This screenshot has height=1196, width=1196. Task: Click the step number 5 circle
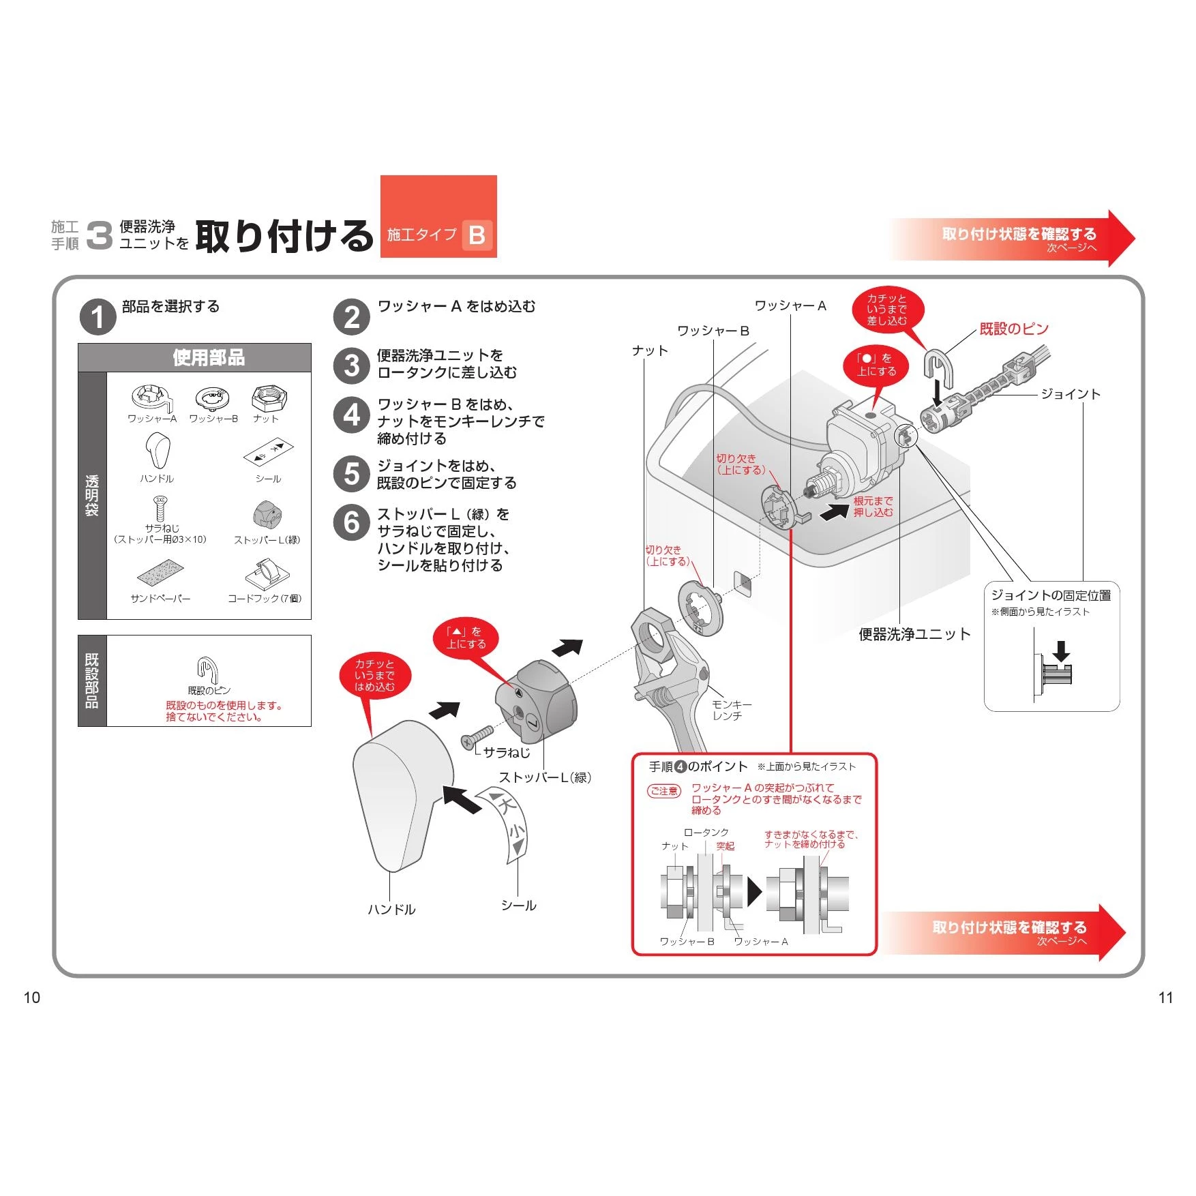pyautogui.click(x=352, y=474)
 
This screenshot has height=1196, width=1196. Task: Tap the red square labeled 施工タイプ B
pyautogui.click(x=438, y=217)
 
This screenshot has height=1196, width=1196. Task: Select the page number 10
pyautogui.click(x=32, y=998)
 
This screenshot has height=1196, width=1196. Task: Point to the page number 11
pyautogui.click(x=1165, y=998)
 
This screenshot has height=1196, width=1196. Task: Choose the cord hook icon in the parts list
pyautogui.click(x=267, y=575)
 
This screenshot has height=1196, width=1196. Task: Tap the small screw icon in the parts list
pyautogui.click(x=160, y=508)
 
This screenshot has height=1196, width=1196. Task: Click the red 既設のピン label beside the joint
pyautogui.click(x=1014, y=329)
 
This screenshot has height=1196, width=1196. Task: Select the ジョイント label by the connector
pyautogui.click(x=1071, y=394)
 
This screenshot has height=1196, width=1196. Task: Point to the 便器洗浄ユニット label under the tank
pyautogui.click(x=914, y=634)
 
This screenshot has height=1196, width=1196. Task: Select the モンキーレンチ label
pyautogui.click(x=730, y=710)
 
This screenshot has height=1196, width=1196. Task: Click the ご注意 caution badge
pyautogui.click(x=663, y=791)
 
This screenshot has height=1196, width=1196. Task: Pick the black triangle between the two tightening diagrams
pyautogui.click(x=754, y=891)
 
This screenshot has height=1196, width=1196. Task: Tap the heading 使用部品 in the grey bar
pyautogui.click(x=209, y=357)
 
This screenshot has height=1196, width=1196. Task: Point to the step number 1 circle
pyautogui.click(x=98, y=317)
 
